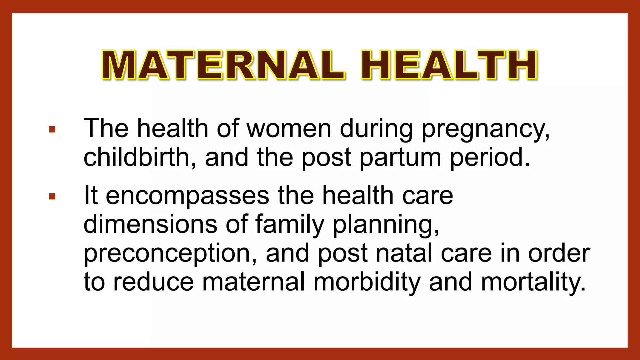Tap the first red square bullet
tap(52, 129)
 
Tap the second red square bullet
tap(52, 197)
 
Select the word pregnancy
tap(485, 129)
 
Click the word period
tap(490, 157)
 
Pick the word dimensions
tap(150, 224)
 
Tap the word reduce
tap(153, 282)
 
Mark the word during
tap(376, 129)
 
